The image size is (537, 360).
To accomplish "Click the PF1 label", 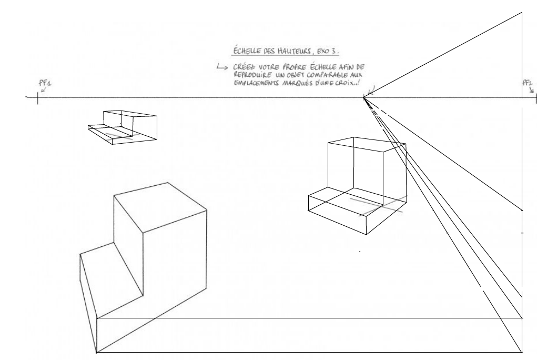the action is (45, 83).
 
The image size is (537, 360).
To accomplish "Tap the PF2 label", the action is (528, 83).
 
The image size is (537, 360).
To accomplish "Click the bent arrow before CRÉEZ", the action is (222, 67).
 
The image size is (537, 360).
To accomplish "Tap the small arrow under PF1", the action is (44, 90).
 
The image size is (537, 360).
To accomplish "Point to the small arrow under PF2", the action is (532, 90).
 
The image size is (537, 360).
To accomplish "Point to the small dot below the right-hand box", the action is (360, 251).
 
